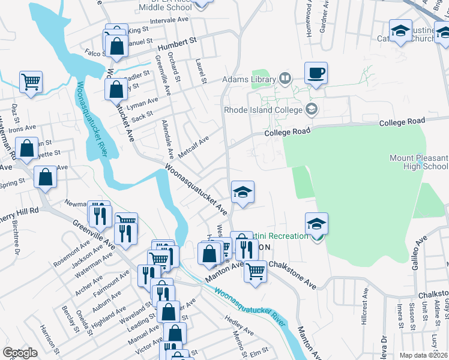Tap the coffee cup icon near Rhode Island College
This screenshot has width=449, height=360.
click(x=316, y=74)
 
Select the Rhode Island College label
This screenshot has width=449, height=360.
click(x=264, y=110)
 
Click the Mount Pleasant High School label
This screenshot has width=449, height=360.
click(x=418, y=162)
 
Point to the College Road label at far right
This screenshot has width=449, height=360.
click(x=402, y=122)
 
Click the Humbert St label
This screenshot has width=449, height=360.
click(x=177, y=44)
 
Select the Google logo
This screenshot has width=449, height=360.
click(x=20, y=352)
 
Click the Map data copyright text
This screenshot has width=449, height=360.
click(x=424, y=355)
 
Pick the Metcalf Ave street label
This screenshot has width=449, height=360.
click(x=193, y=145)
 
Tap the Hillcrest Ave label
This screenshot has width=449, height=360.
click(x=365, y=309)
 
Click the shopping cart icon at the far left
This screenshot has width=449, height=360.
click(x=31, y=82)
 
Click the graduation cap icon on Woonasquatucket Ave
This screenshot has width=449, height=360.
click(x=243, y=193)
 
